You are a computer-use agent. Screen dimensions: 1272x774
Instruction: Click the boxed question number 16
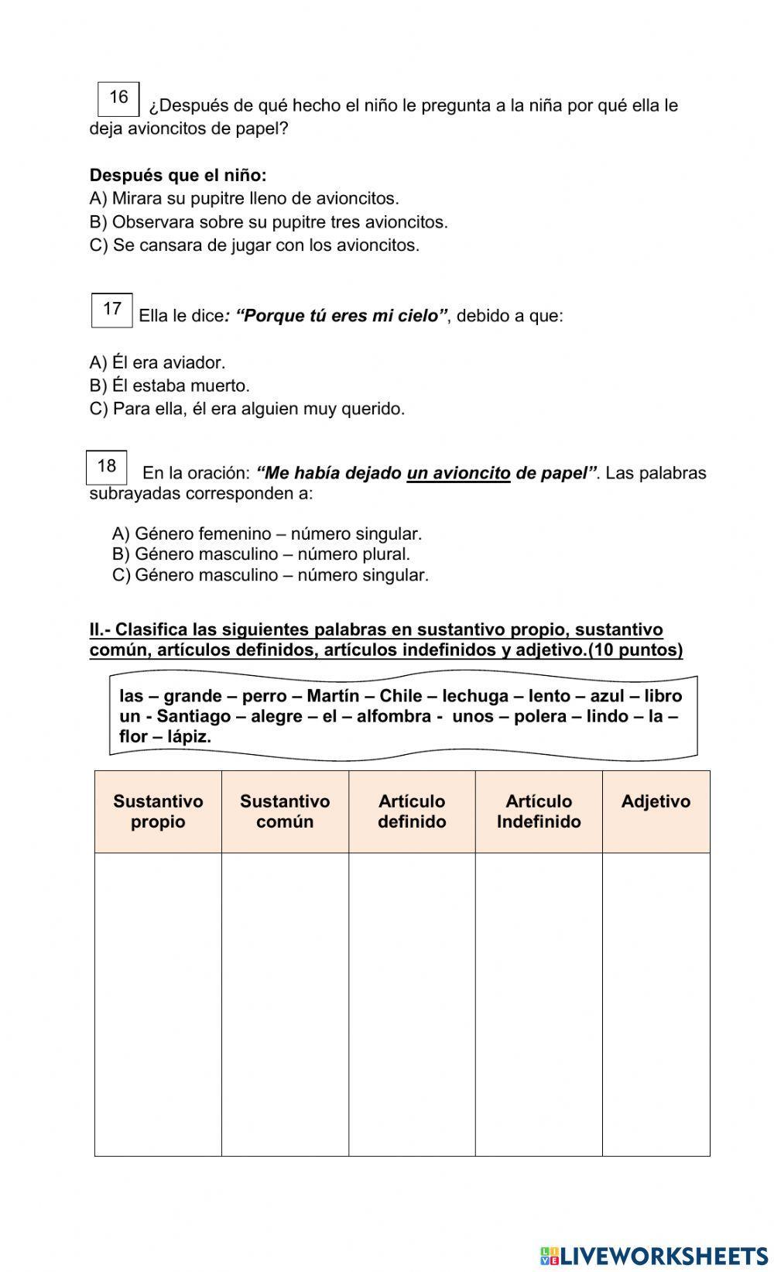click(x=118, y=98)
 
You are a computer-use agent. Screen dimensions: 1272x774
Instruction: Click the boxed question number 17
click(x=112, y=310)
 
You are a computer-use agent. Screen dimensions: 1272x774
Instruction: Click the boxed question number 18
click(x=107, y=467)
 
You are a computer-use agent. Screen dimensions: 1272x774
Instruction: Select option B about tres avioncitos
click(x=269, y=222)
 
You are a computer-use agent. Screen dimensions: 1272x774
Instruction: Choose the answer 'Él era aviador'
click(x=157, y=362)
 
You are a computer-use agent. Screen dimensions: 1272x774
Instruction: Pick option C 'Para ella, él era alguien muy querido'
click(x=247, y=409)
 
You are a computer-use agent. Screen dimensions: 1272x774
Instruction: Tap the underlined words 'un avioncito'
click(x=458, y=473)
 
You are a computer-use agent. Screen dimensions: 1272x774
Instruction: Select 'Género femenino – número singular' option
click(x=267, y=533)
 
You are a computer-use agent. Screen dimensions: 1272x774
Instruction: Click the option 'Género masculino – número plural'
click(x=261, y=554)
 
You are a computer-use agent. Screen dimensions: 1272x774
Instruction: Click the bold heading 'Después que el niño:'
click(x=178, y=175)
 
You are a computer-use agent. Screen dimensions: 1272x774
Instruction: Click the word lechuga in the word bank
click(x=475, y=696)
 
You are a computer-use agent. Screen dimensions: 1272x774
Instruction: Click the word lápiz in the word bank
click(x=190, y=736)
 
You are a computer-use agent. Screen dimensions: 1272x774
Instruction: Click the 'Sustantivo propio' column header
click(x=158, y=811)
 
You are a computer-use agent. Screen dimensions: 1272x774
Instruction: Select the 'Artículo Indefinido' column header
click(x=539, y=811)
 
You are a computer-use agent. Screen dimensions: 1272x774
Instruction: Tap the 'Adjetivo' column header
click(x=656, y=802)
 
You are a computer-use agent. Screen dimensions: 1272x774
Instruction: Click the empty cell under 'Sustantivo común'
click(x=285, y=1004)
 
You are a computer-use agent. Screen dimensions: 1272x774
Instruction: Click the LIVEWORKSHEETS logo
click(x=654, y=1256)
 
